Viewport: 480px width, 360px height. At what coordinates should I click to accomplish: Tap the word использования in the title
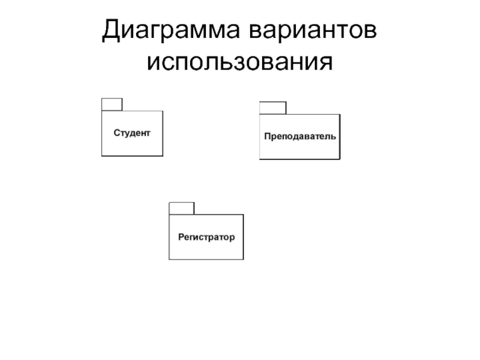pyautogui.click(x=239, y=61)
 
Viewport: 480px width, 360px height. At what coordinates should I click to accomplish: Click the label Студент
pyautogui.click(x=132, y=132)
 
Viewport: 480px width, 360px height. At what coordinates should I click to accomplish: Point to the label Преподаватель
pyautogui.click(x=300, y=136)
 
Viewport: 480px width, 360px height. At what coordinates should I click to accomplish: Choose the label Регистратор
pyautogui.click(x=206, y=237)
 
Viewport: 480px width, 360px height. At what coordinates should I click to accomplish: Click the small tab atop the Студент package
pyautogui.click(x=112, y=104)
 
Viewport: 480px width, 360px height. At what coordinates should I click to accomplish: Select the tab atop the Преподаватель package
pyautogui.click(x=272, y=108)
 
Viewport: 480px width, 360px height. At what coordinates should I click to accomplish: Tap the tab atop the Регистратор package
pyautogui.click(x=181, y=208)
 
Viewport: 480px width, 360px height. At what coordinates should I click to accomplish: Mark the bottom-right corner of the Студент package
pyautogui.click(x=163, y=156)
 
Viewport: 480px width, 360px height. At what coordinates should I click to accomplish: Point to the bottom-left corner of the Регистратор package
pyautogui.click(x=169, y=259)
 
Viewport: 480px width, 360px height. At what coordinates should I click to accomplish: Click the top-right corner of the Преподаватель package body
pyautogui.click(x=340, y=115)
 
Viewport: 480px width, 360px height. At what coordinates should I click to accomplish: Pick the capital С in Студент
pyautogui.click(x=117, y=132)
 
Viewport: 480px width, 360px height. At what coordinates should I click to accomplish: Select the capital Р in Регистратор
pyautogui.click(x=181, y=237)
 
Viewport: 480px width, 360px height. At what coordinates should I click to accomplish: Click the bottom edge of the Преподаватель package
pyautogui.click(x=299, y=159)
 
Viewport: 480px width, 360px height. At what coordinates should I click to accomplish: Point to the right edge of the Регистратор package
pyautogui.click(x=243, y=237)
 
